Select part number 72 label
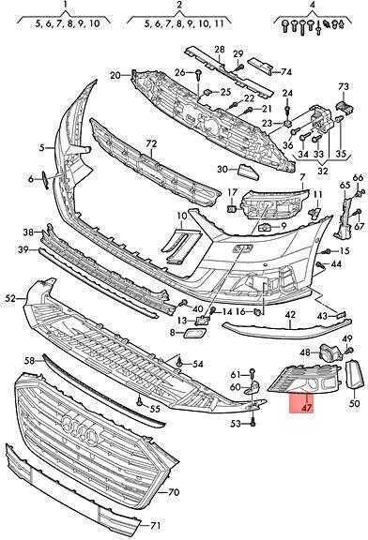point(151,143)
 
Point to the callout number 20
point(115,75)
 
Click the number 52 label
point(10,298)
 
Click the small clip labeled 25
point(207,92)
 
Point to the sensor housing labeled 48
point(330,352)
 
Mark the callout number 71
point(155,526)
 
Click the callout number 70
point(174,492)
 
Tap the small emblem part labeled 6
point(46,179)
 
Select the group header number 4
point(313,5)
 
